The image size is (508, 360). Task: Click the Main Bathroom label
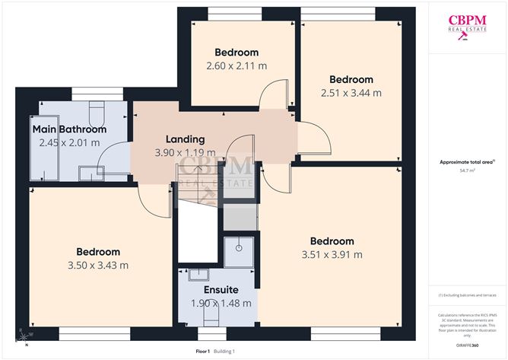click(69, 129)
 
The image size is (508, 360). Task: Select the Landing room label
click(186, 139)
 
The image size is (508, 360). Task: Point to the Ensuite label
click(221, 290)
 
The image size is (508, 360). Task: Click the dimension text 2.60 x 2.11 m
click(237, 66)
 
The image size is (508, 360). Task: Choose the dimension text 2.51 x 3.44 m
click(351, 93)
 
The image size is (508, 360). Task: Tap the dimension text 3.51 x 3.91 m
click(332, 254)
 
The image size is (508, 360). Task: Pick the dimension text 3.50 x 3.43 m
click(98, 265)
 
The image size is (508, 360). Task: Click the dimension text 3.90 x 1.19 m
click(186, 152)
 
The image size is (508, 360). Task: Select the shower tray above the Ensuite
click(238, 250)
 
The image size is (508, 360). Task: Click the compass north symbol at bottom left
click(25, 336)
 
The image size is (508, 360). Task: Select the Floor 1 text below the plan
click(203, 351)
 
